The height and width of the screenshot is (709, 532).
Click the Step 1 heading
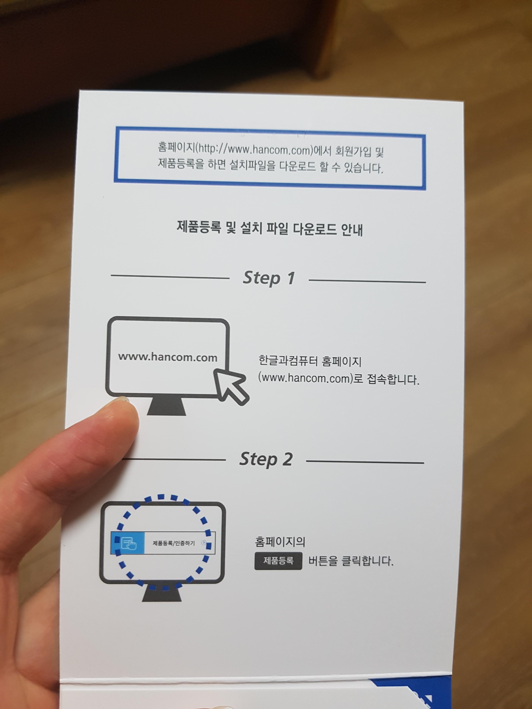click(269, 278)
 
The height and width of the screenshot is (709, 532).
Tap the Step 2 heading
click(266, 459)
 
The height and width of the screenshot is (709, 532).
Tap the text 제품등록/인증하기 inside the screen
click(173, 543)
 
